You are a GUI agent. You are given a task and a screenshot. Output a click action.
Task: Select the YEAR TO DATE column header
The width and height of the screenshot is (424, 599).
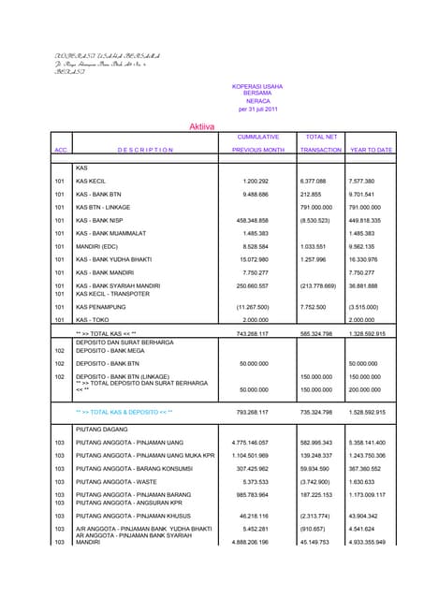(x=371, y=149)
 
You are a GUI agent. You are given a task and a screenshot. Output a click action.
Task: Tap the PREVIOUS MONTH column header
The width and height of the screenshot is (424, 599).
(x=257, y=149)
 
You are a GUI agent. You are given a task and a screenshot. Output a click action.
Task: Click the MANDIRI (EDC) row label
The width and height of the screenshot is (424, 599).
(x=100, y=246)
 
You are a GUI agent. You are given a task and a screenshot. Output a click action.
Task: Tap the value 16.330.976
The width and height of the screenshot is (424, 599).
(x=368, y=259)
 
